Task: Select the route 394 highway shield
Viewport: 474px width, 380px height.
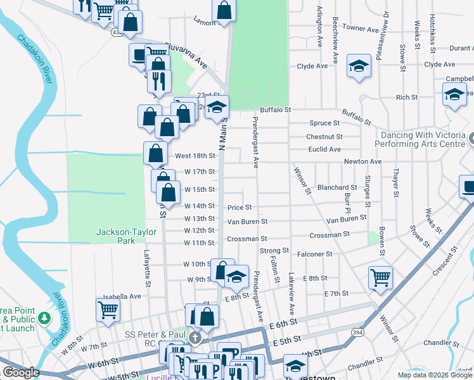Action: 358,331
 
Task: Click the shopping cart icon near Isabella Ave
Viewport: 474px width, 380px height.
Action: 108,310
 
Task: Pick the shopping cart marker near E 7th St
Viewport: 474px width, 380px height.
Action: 380,276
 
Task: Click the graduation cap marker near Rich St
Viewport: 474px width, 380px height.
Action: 454,95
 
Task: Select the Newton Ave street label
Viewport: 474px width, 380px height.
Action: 362,161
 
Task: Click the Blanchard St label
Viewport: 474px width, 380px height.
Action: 337,187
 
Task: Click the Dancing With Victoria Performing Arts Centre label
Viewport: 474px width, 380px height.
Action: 424,140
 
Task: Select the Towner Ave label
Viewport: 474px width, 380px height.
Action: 360,28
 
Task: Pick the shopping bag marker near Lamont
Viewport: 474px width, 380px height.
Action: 224,10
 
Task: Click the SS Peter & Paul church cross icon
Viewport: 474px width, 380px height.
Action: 196,338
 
